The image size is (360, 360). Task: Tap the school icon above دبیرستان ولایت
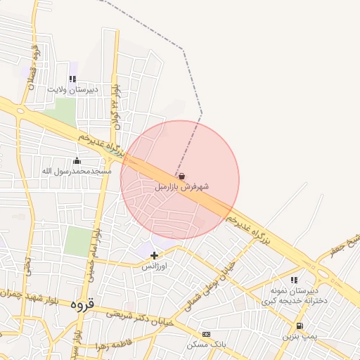tap(72, 79)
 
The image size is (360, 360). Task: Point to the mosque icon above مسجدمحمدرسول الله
tap(77, 161)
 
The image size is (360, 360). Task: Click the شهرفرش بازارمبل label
tap(181, 187)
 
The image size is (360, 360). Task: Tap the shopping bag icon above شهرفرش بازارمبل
tap(182, 176)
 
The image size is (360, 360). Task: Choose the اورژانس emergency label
tap(155, 266)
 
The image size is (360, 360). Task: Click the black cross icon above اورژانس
tap(155, 255)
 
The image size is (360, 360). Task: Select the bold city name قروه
tap(82, 305)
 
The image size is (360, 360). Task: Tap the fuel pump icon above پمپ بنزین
tap(300, 326)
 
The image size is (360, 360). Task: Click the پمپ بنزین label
tap(301, 337)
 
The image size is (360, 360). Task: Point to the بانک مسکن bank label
tap(206, 345)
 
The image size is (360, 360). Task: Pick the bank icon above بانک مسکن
tap(206, 335)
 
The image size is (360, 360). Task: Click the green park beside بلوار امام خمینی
tap(77, 241)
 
